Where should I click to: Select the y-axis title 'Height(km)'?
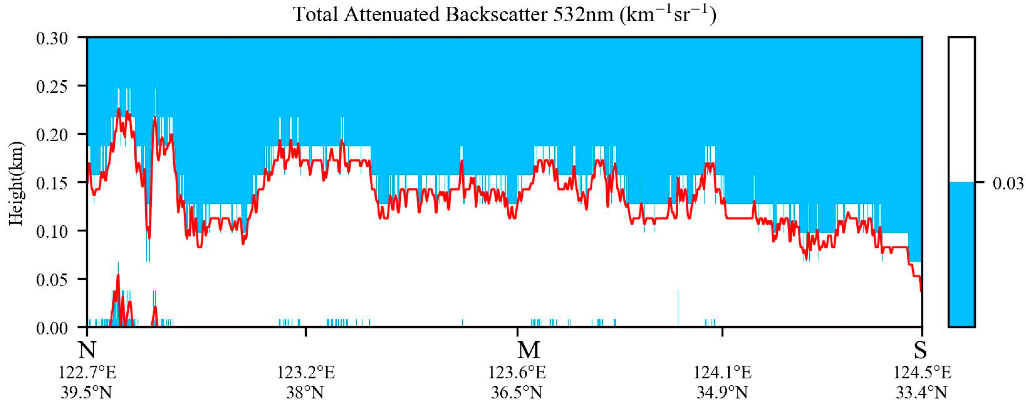17,183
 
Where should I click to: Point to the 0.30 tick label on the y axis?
52,39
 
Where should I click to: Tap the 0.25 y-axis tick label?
52,86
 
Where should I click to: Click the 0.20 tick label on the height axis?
52,135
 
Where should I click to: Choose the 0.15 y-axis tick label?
52,183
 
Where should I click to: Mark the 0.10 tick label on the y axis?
52,231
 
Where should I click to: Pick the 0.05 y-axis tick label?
52,279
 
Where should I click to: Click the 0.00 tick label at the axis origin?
52,328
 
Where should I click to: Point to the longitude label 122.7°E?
87,373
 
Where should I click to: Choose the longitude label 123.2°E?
305,373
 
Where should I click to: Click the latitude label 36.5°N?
517,393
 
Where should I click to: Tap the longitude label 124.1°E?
723,373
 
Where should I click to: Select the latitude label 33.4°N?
921,393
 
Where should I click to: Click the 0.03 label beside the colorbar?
1008,183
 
